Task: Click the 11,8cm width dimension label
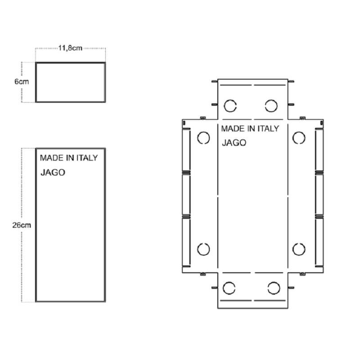pos(70,48)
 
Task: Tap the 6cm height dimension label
pos(22,81)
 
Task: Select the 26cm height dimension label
pos(22,225)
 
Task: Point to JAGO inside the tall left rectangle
pos(53,172)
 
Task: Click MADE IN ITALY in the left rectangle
pos(69,158)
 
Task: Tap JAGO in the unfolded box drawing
pos(234,143)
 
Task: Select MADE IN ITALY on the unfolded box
pos(250,129)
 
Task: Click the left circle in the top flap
pos(230,100)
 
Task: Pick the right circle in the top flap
pos(271,100)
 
